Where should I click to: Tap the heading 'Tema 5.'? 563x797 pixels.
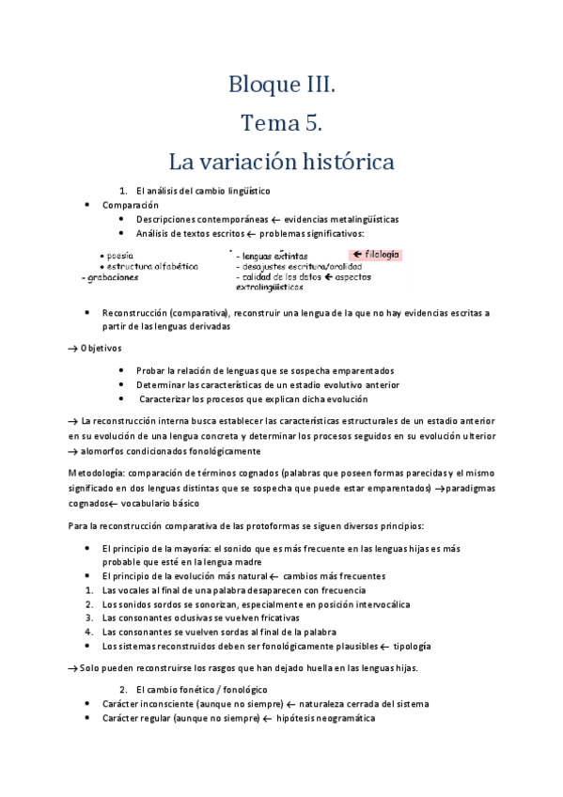(281, 123)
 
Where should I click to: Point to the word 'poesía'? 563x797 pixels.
(119, 255)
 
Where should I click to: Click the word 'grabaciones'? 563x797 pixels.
(110, 277)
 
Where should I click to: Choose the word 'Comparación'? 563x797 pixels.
(131, 205)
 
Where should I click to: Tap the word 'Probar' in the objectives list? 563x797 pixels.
(150, 370)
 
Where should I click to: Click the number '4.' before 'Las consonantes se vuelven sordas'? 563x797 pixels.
(88, 633)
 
